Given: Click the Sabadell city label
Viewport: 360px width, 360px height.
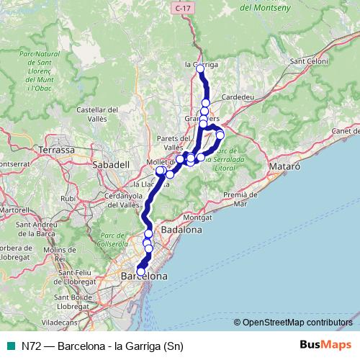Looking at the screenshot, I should pyautogui.click(x=111, y=164).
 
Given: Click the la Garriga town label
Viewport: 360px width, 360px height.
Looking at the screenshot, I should pyautogui.click(x=202, y=64).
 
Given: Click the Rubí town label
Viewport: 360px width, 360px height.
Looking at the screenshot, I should pyautogui.click(x=68, y=197).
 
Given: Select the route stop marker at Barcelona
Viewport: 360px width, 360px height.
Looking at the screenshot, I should pyautogui.click(x=141, y=271).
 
